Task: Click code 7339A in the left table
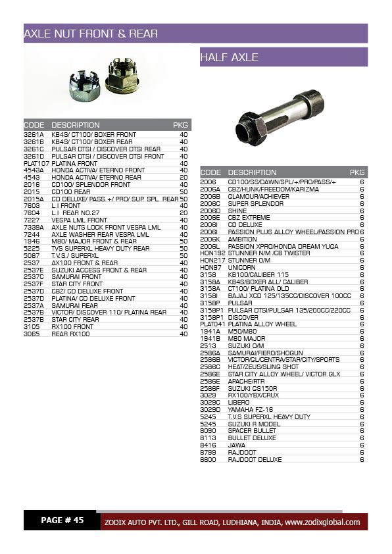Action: (34, 227)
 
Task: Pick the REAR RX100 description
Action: (70, 334)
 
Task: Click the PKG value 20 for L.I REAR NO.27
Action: (184, 213)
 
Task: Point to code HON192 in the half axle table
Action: (211, 253)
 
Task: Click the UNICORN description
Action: (242, 267)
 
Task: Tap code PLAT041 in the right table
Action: (212, 324)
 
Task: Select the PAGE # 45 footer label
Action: (62, 520)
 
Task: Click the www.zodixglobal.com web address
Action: (322, 522)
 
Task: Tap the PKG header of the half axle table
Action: (357, 172)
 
